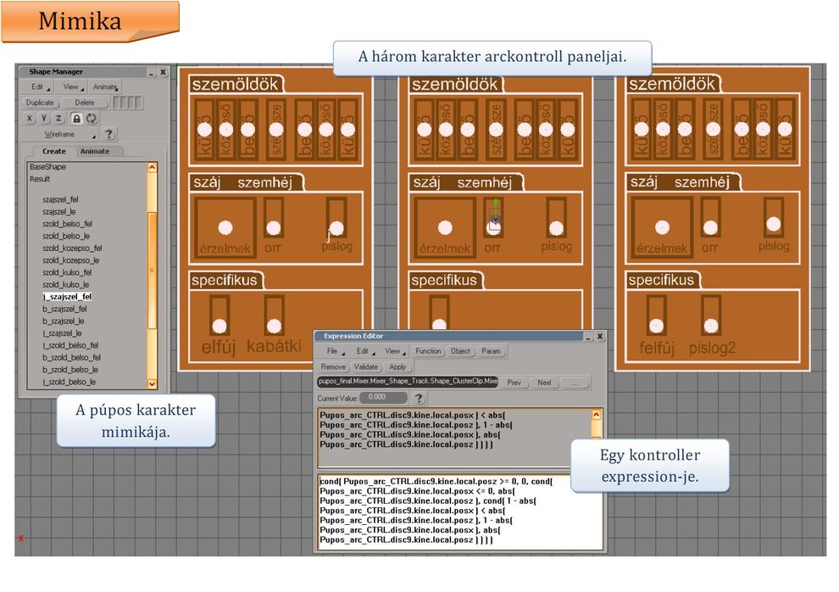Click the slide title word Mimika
(x=80, y=20)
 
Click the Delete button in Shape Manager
(x=85, y=103)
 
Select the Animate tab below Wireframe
(x=94, y=152)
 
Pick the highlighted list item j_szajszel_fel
(x=67, y=297)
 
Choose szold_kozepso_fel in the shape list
(x=71, y=249)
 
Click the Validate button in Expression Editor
(x=365, y=367)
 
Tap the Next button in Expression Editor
(x=544, y=383)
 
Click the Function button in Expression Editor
(x=428, y=351)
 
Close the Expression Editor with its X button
(x=600, y=337)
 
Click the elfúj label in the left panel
(x=218, y=347)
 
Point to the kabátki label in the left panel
(x=274, y=347)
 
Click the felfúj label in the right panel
(x=658, y=348)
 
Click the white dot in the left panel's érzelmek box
(x=225, y=227)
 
